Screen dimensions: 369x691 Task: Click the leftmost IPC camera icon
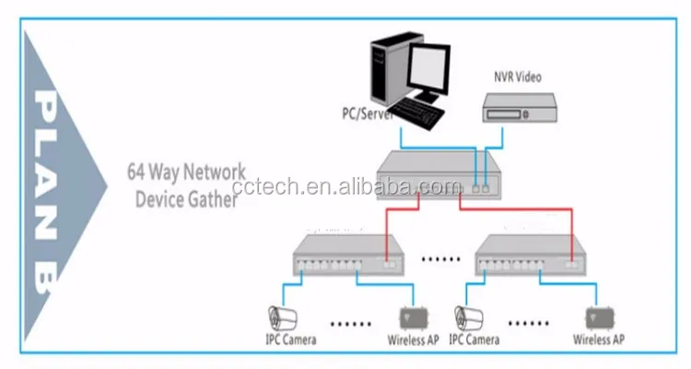(x=281, y=316)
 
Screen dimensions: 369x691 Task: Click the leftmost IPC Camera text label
(x=292, y=339)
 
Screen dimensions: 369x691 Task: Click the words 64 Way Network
(x=186, y=173)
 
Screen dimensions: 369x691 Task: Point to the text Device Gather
(x=186, y=198)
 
